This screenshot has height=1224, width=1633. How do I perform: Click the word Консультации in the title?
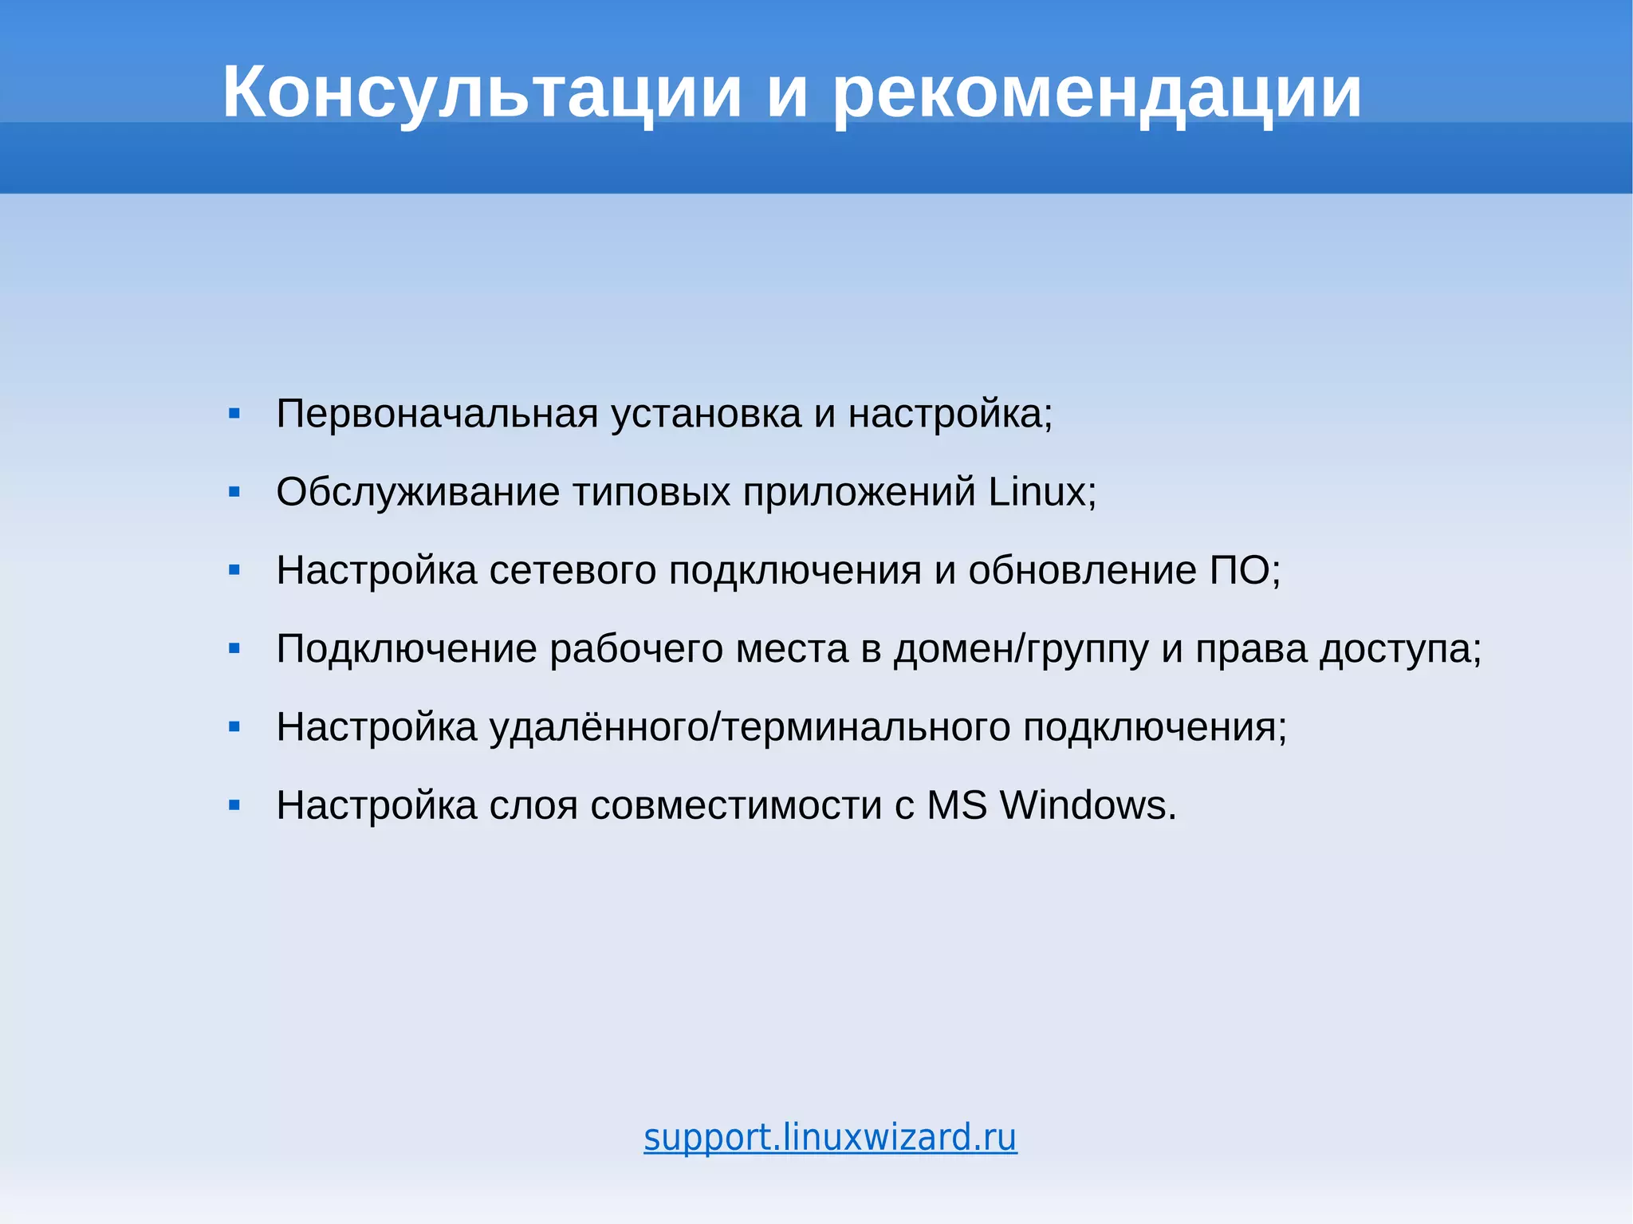pos(482,92)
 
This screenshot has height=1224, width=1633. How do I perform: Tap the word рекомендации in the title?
pos(1096,92)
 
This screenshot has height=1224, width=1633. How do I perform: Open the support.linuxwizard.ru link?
pos(830,1137)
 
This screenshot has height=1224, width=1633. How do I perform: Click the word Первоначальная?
pos(437,414)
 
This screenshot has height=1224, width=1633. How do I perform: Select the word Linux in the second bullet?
pos(1037,491)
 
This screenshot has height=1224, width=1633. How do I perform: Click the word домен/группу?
pos(1021,648)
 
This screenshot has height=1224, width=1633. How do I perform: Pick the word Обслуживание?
pos(418,491)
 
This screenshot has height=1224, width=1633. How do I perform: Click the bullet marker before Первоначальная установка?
pos(234,414)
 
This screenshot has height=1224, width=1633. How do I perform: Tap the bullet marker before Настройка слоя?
pos(234,805)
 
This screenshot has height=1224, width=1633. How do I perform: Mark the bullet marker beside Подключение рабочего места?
pos(234,648)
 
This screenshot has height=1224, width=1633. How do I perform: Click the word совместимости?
pos(736,805)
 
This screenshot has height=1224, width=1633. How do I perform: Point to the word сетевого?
pos(573,570)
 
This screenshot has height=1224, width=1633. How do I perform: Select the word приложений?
pos(859,491)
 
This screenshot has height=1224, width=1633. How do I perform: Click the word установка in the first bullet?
pos(706,414)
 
